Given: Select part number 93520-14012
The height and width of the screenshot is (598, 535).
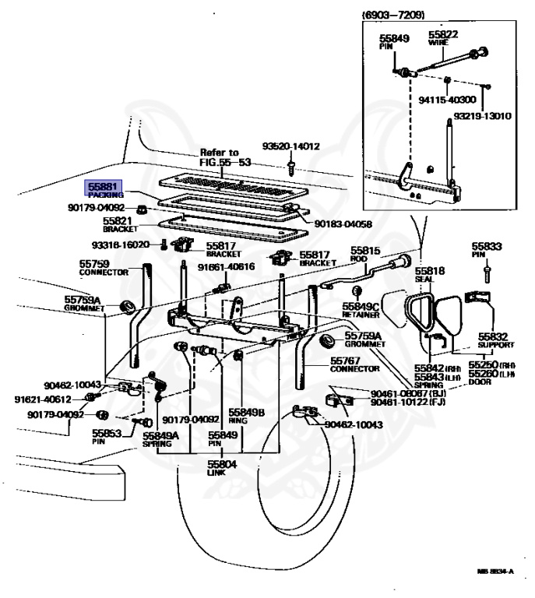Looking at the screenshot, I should [290, 146].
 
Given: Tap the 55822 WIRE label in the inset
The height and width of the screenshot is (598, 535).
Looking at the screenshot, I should [442, 39].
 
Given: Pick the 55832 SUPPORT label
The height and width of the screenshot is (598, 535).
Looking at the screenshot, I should [495, 339].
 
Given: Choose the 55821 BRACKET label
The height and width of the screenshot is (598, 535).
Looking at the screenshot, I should [120, 225].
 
